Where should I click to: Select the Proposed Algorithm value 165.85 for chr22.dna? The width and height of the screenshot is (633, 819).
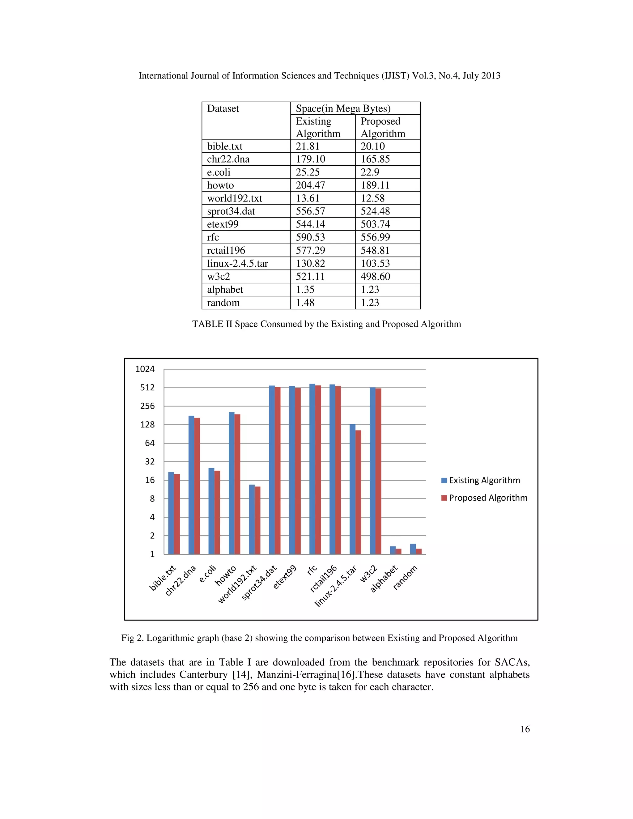tap(375, 159)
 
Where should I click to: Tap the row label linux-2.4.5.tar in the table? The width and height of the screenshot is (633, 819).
tap(237, 264)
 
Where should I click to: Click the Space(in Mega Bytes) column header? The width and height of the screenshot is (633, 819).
tap(343, 108)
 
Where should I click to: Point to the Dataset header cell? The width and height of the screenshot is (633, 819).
tap(223, 108)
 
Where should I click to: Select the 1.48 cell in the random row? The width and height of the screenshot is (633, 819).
tap(305, 303)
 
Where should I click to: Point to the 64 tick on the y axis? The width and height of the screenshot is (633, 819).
tap(150, 443)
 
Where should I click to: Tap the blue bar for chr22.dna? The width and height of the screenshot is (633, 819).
tap(191, 485)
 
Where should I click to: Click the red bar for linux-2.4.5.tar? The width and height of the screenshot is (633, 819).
tap(358, 492)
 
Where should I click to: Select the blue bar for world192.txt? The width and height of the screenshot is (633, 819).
tap(252, 520)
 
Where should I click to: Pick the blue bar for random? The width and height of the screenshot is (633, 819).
tap(413, 549)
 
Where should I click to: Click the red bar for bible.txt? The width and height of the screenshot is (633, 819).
tap(177, 514)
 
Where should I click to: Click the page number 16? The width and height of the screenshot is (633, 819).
tap(525, 729)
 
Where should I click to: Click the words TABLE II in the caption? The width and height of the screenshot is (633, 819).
tap(212, 324)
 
